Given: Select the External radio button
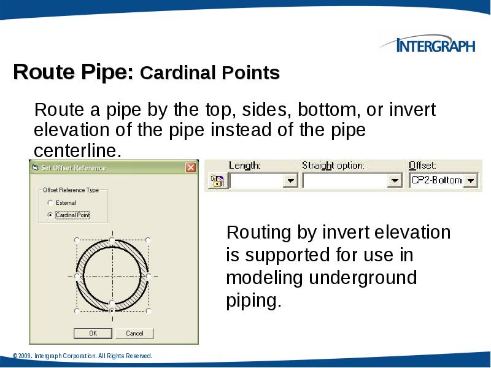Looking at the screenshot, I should coord(50,203).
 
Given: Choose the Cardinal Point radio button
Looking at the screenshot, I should coord(50,215).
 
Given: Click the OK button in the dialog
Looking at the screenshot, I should coord(93,333).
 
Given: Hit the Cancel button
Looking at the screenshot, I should coord(134,333).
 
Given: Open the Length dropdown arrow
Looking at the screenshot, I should coord(291,181).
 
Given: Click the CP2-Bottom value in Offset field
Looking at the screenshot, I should coord(436,180).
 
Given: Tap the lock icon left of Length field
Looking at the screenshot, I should coord(216,180).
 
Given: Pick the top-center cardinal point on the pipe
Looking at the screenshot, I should coord(111,239).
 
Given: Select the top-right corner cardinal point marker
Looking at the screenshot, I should coord(147,240).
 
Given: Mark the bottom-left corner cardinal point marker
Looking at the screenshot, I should coord(76,311).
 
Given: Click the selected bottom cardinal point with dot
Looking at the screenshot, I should coord(111,303).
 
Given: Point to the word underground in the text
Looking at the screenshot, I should coord(363,278).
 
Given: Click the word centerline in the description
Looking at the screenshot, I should coord(77,151).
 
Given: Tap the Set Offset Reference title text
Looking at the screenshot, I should coord(74,167).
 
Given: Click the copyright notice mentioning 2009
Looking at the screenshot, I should coord(82,356).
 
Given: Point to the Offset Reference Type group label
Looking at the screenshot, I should coord(71,190).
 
